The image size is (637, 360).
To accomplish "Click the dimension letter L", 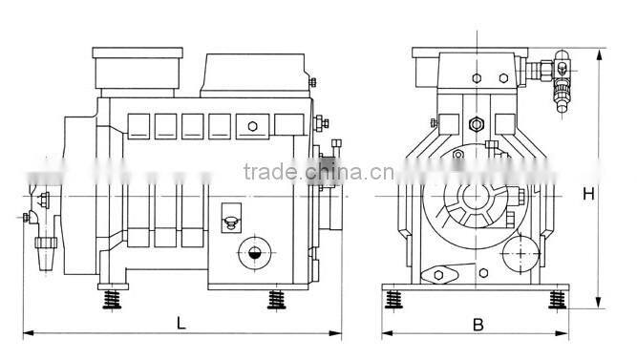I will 180,323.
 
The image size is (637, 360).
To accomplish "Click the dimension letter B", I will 478,324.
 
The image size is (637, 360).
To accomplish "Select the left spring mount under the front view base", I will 393,300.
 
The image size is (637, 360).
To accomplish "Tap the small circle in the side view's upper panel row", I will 252,127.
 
